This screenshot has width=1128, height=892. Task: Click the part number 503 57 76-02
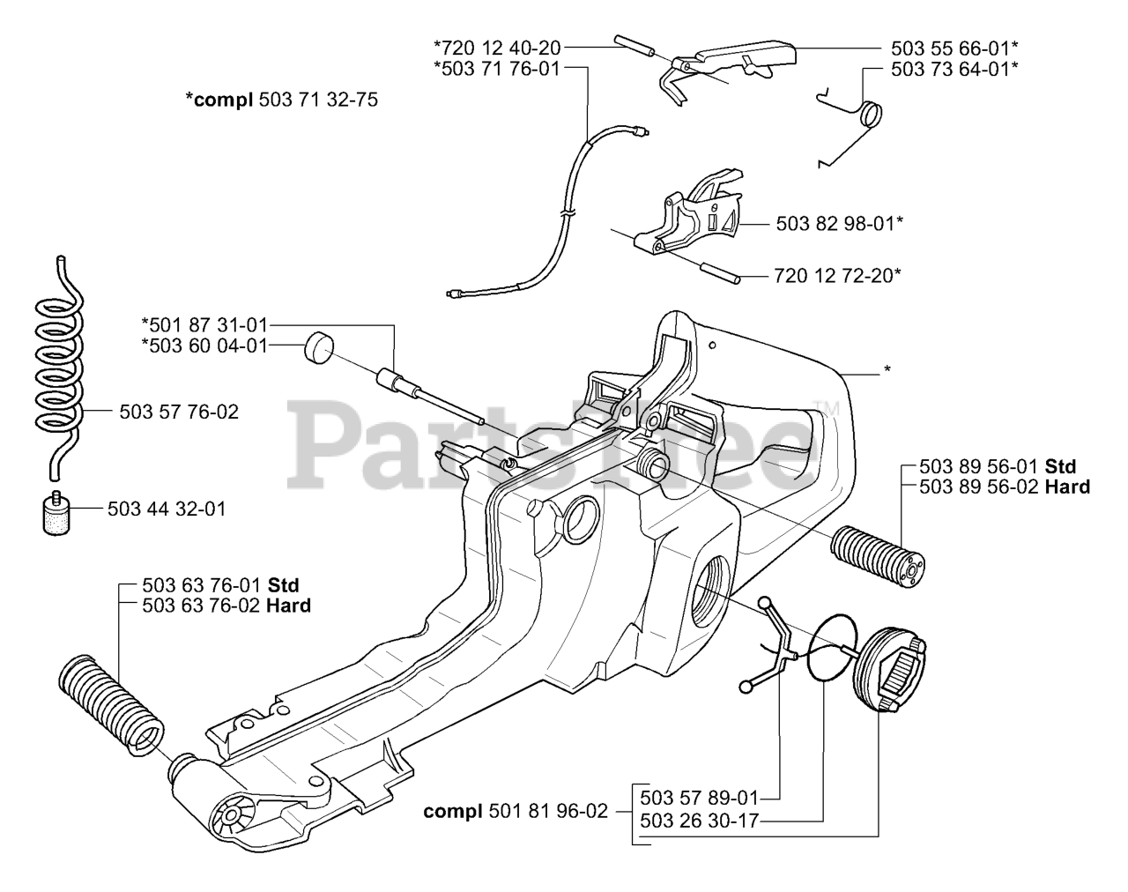178,412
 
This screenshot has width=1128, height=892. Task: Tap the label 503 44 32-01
167,509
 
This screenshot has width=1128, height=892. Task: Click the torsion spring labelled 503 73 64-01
868,115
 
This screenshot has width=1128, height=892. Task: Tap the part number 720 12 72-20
837,276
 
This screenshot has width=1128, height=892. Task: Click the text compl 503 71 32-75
281,100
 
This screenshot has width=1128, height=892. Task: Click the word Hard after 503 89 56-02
1067,487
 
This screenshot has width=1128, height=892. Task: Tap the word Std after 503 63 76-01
283,585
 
